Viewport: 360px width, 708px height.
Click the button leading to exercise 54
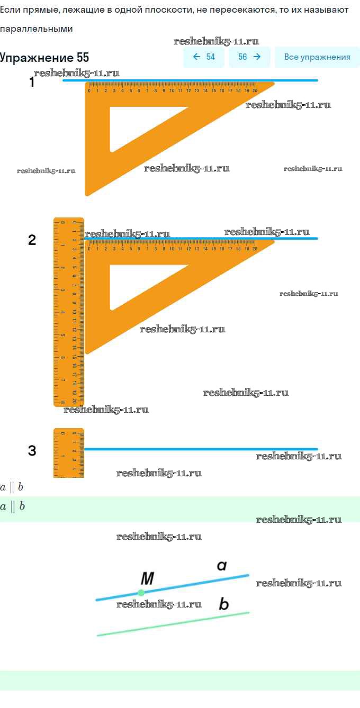coord(204,57)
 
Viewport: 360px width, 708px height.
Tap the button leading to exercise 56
coord(249,57)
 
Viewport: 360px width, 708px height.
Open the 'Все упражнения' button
coord(317,57)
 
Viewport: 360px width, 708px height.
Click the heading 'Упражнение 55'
coord(44,58)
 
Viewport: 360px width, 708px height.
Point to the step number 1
coord(32,82)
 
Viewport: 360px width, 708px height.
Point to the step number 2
coord(32,240)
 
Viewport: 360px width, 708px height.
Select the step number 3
coord(32,451)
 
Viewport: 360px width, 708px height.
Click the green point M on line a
coord(141,593)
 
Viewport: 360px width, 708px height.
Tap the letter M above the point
coord(147,579)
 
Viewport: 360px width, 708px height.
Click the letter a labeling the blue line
coord(222,566)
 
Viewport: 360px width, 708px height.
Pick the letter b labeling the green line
coord(223,604)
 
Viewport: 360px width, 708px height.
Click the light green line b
coord(175,624)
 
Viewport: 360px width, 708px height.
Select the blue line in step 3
coord(201,449)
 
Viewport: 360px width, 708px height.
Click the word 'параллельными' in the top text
coord(36,29)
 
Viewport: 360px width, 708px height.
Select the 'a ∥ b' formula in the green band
coord(12,506)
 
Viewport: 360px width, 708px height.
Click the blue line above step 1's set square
coord(191,80)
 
